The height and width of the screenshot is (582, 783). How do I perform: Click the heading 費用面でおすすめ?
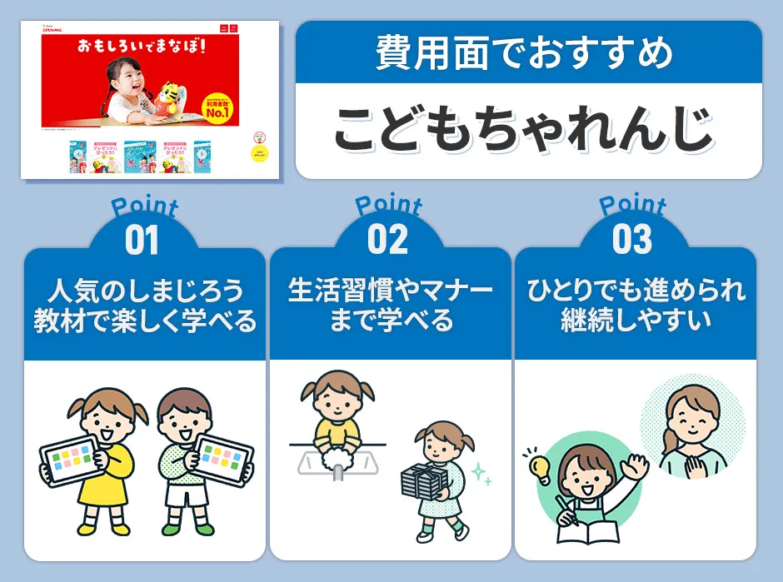(x=529, y=54)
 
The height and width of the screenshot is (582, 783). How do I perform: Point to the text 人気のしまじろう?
(x=144, y=292)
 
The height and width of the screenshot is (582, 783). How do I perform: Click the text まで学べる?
(x=390, y=321)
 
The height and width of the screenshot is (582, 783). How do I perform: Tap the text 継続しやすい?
(x=635, y=321)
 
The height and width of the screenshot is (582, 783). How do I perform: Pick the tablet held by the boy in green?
(x=222, y=455)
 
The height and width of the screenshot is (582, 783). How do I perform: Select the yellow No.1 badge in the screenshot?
(x=219, y=105)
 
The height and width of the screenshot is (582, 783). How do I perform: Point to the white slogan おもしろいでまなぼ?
(x=140, y=43)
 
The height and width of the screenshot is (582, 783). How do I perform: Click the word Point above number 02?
(x=388, y=205)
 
